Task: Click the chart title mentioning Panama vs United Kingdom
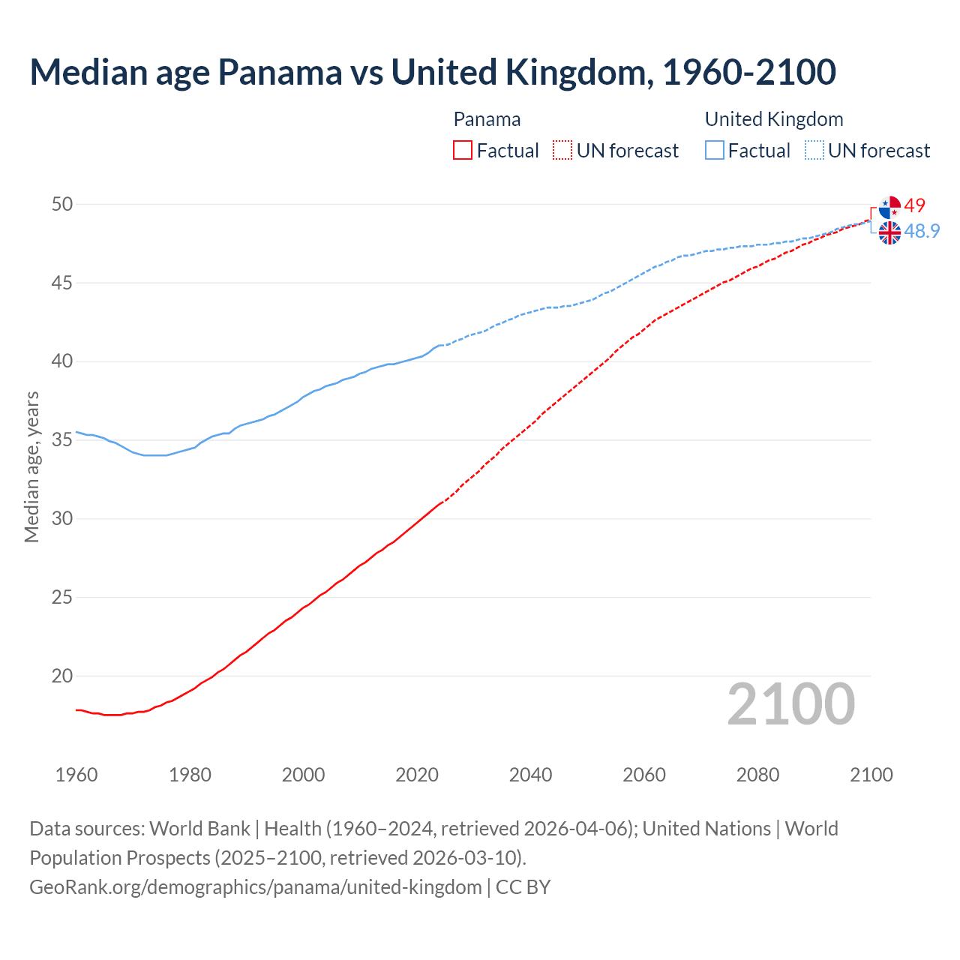point(432,72)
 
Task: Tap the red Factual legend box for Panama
point(463,151)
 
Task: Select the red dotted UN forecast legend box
point(562,151)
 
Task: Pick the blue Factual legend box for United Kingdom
point(715,151)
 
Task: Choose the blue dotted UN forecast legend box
point(814,151)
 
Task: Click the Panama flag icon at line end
point(889,207)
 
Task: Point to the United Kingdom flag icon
point(889,233)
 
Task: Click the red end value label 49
point(914,205)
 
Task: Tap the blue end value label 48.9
point(922,231)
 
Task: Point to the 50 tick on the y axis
point(62,205)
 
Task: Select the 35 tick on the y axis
point(62,440)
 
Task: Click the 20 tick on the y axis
point(62,676)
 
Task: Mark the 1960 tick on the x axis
point(76,775)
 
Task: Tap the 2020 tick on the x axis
point(417,775)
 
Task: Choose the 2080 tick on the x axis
point(757,775)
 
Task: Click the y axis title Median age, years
point(31,466)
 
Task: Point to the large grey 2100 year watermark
point(790,703)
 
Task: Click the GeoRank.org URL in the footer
point(255,887)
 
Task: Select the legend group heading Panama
point(487,119)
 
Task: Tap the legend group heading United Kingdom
point(773,119)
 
